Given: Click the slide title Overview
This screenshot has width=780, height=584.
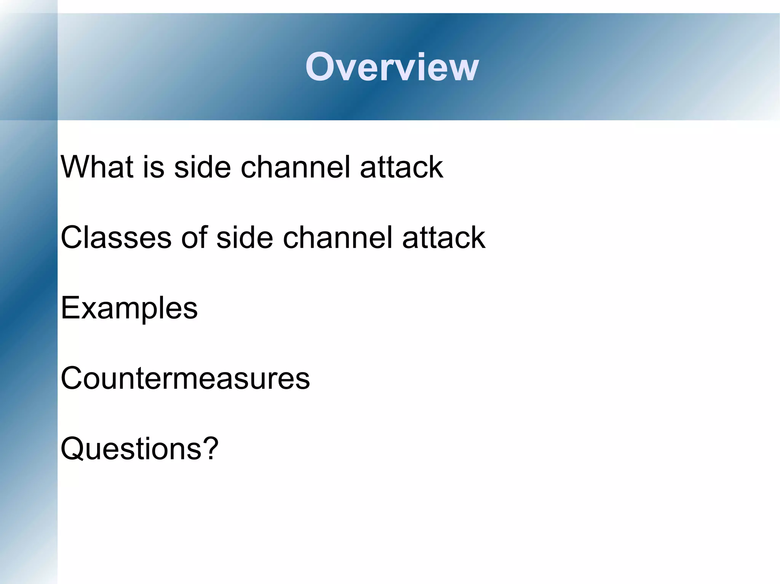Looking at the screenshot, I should point(392,67).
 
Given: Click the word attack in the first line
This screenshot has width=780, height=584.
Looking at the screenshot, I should point(401,167).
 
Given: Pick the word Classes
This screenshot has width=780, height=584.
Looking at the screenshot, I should point(116,237).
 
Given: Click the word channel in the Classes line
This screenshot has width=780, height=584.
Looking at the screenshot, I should point(337,237).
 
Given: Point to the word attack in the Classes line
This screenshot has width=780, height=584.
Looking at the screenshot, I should point(444,238).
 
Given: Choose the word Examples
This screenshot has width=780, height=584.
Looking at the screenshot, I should point(129,308).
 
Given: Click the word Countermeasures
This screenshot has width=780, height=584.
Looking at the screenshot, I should point(185,379).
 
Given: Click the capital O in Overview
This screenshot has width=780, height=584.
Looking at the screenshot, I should point(320,67).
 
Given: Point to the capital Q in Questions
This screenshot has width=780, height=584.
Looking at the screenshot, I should point(73,449).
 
